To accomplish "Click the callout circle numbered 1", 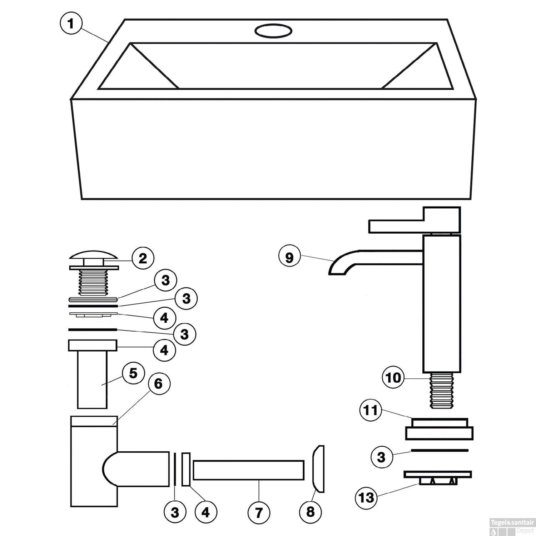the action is pos(71,23).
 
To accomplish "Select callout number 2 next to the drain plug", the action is pos(143,258).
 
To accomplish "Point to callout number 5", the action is pos(133,374).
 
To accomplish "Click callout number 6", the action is pos(158,384).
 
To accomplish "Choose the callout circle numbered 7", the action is pos(259,512).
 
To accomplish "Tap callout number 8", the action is pos(310,512).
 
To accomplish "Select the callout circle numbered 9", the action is pos(289,257).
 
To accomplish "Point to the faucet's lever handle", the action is pos(415,220).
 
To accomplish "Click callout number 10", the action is pos(393,378).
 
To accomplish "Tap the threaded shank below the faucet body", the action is pos(442,391).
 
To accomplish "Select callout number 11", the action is pos(371,410).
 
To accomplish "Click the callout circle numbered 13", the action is pos(366,497).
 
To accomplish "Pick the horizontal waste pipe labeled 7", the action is pos(248,470).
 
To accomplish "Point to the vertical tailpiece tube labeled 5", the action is pos(92,379).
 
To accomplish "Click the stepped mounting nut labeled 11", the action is pos(440,429).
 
